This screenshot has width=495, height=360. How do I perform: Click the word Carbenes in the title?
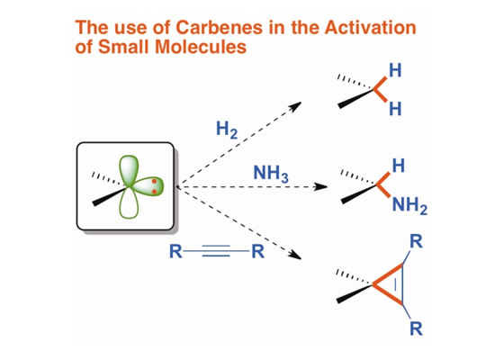point(219,28)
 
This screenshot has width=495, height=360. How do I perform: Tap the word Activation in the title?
point(370,28)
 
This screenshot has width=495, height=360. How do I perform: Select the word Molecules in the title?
point(201,47)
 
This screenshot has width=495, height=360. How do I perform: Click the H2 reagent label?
point(227,130)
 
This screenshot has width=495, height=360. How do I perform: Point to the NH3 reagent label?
point(271,174)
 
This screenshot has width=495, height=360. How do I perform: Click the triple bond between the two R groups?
point(216,251)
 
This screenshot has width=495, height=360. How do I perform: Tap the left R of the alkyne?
point(175,251)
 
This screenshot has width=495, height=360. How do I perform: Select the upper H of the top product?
point(395,70)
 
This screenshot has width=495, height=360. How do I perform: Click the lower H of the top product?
point(395,109)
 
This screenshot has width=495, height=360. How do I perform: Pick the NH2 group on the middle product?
point(409,205)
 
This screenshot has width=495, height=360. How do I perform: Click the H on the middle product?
point(399,166)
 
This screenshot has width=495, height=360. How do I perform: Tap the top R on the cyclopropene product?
point(416,242)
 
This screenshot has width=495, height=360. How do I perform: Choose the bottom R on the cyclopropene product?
point(416,328)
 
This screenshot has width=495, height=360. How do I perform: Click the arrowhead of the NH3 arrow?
point(320,187)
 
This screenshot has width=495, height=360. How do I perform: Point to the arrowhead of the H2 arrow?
point(295,106)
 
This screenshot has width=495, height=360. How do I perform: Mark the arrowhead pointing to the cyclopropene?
point(295,255)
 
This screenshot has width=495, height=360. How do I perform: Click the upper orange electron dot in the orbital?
point(155,181)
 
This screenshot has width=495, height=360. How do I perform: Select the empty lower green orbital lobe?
point(129,203)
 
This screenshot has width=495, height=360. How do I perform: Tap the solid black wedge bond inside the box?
point(109,196)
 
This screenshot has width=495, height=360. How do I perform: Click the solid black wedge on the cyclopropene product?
point(355,294)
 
